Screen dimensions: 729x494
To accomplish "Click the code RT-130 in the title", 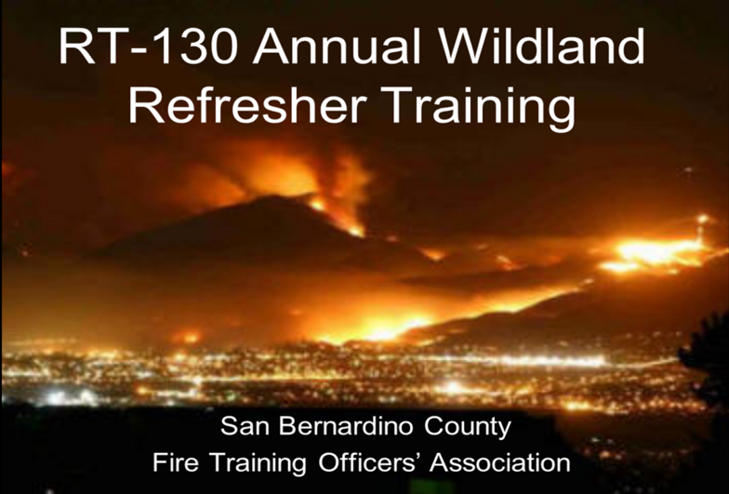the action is (149, 47).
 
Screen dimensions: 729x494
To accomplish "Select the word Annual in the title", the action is (337, 46).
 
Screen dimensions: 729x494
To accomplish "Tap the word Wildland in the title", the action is (541, 46).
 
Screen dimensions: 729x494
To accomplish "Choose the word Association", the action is (500, 462).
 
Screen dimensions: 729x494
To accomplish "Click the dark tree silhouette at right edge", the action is (707, 358).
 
